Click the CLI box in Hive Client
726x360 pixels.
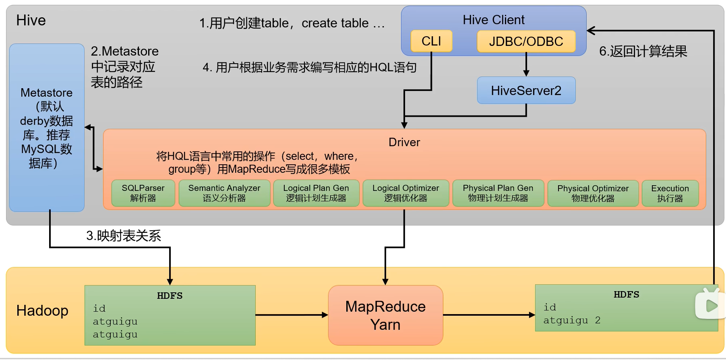coord(431,41)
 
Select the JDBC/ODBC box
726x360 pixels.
coord(526,41)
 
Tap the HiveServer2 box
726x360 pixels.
coord(526,91)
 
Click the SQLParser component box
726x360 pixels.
coord(143,193)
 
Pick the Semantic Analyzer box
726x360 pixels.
coord(224,193)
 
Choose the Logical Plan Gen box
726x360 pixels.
coord(316,193)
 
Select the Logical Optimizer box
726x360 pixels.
coord(405,193)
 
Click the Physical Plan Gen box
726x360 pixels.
coord(498,193)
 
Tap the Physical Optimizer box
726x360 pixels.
coord(593,193)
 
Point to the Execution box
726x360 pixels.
coord(670,193)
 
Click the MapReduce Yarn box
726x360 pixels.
coord(385,315)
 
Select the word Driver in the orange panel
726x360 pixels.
coord(404,142)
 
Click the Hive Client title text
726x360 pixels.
coord(494,20)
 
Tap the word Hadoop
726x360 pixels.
coord(42,310)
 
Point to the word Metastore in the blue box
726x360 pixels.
coord(46,93)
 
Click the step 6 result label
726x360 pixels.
coord(643,51)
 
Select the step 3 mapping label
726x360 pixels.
coord(124,236)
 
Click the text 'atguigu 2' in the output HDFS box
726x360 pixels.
coord(572,320)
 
